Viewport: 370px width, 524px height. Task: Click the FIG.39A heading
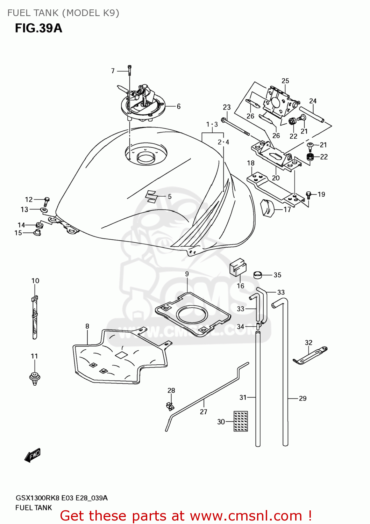click(x=38, y=28)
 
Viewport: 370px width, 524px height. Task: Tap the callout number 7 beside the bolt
click(x=113, y=71)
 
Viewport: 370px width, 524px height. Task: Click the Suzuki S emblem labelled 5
click(x=152, y=196)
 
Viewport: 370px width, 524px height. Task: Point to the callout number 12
click(x=29, y=199)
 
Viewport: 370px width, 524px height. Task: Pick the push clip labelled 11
click(x=35, y=378)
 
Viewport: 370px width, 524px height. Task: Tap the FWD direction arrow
click(x=33, y=456)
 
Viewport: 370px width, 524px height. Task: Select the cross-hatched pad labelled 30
click(x=241, y=421)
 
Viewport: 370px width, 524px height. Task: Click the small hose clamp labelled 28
click(x=170, y=406)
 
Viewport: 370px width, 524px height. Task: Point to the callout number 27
click(x=204, y=412)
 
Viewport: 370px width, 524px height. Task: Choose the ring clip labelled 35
click(x=258, y=275)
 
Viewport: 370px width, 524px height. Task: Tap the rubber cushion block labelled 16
click(x=238, y=268)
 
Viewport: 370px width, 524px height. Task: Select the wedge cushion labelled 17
click(x=268, y=208)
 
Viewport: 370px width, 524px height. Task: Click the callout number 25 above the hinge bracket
click(x=285, y=81)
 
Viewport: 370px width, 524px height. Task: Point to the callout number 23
click(x=227, y=107)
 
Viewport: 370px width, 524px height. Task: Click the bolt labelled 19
click(x=308, y=195)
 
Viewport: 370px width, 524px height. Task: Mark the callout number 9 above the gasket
click(x=187, y=274)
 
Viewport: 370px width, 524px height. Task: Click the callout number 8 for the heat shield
click(x=87, y=326)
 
